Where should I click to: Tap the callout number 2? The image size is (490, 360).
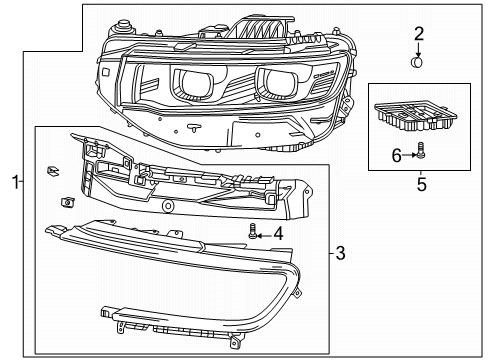click(419, 33)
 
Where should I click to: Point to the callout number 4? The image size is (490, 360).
click(278, 233)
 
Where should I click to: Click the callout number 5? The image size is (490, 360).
click(420, 184)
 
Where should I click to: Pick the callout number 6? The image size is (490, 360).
click(394, 154)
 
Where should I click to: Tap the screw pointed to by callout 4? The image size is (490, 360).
click(253, 233)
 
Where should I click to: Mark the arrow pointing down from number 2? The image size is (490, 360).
click(419, 49)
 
